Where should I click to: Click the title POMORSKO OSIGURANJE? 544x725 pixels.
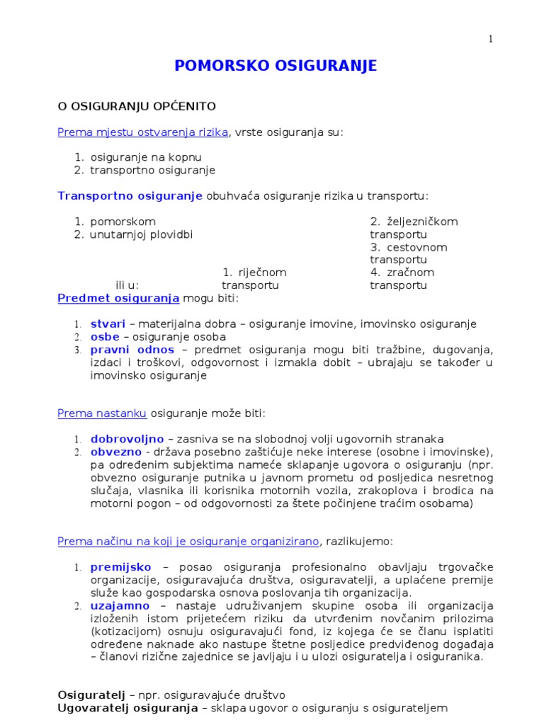click(276, 66)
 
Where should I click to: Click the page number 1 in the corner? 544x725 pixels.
click(489, 38)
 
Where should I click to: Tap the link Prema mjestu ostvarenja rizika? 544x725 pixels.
click(143, 132)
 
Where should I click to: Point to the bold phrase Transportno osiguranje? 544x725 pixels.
click(130, 195)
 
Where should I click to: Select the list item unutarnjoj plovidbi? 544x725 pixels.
click(141, 234)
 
